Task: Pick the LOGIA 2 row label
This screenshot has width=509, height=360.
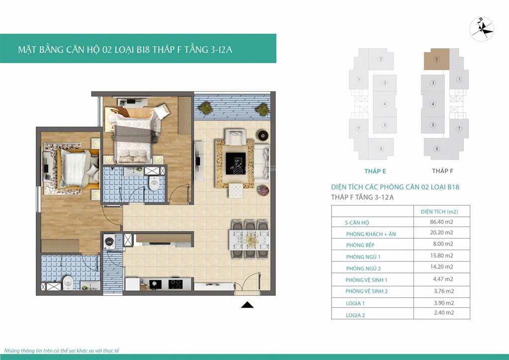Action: [x=355, y=315]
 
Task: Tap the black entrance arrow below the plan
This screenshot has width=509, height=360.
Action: [x=247, y=305]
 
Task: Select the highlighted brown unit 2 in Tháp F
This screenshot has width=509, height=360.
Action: [x=436, y=59]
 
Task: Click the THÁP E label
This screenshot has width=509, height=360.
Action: [x=375, y=171]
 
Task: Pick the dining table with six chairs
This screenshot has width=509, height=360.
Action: [x=249, y=240]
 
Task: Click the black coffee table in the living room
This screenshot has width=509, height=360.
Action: [x=234, y=162]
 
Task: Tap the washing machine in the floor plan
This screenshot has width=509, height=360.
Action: [x=109, y=242]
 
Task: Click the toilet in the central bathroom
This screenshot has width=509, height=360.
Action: [x=154, y=184]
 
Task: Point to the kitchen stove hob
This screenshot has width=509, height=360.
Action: [x=175, y=284]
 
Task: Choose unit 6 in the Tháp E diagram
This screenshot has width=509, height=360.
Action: [x=381, y=149]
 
